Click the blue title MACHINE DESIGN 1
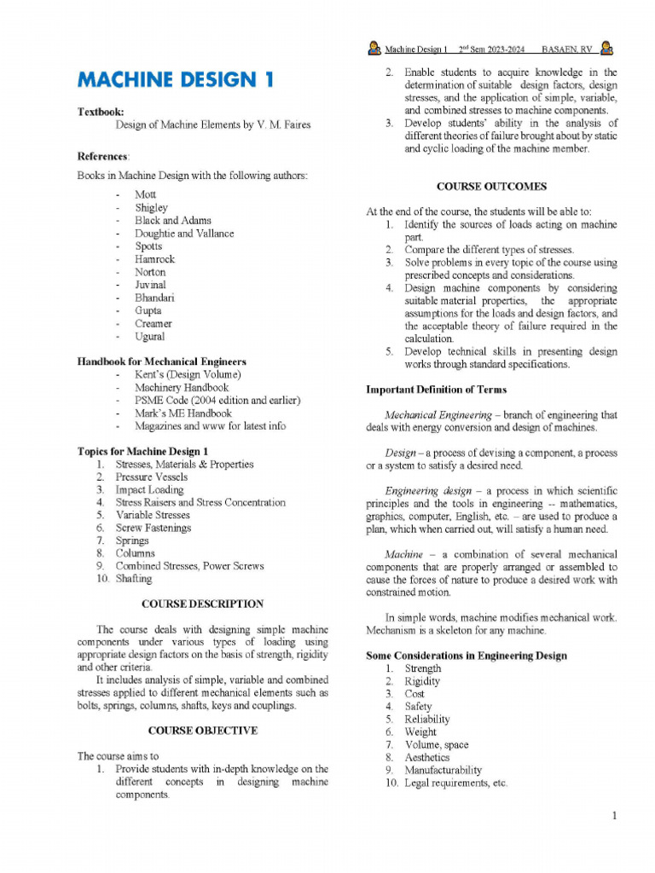[177, 81]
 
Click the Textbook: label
[101, 112]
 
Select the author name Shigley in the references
[151, 207]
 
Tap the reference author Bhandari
[154, 298]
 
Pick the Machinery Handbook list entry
[182, 387]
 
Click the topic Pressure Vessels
[152, 477]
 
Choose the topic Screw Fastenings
[154, 528]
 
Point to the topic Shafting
[134, 578]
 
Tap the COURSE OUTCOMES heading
[491, 186]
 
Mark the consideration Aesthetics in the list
[426, 757]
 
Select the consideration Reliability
[426, 719]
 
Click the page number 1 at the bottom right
[613, 817]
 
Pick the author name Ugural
[150, 336]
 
